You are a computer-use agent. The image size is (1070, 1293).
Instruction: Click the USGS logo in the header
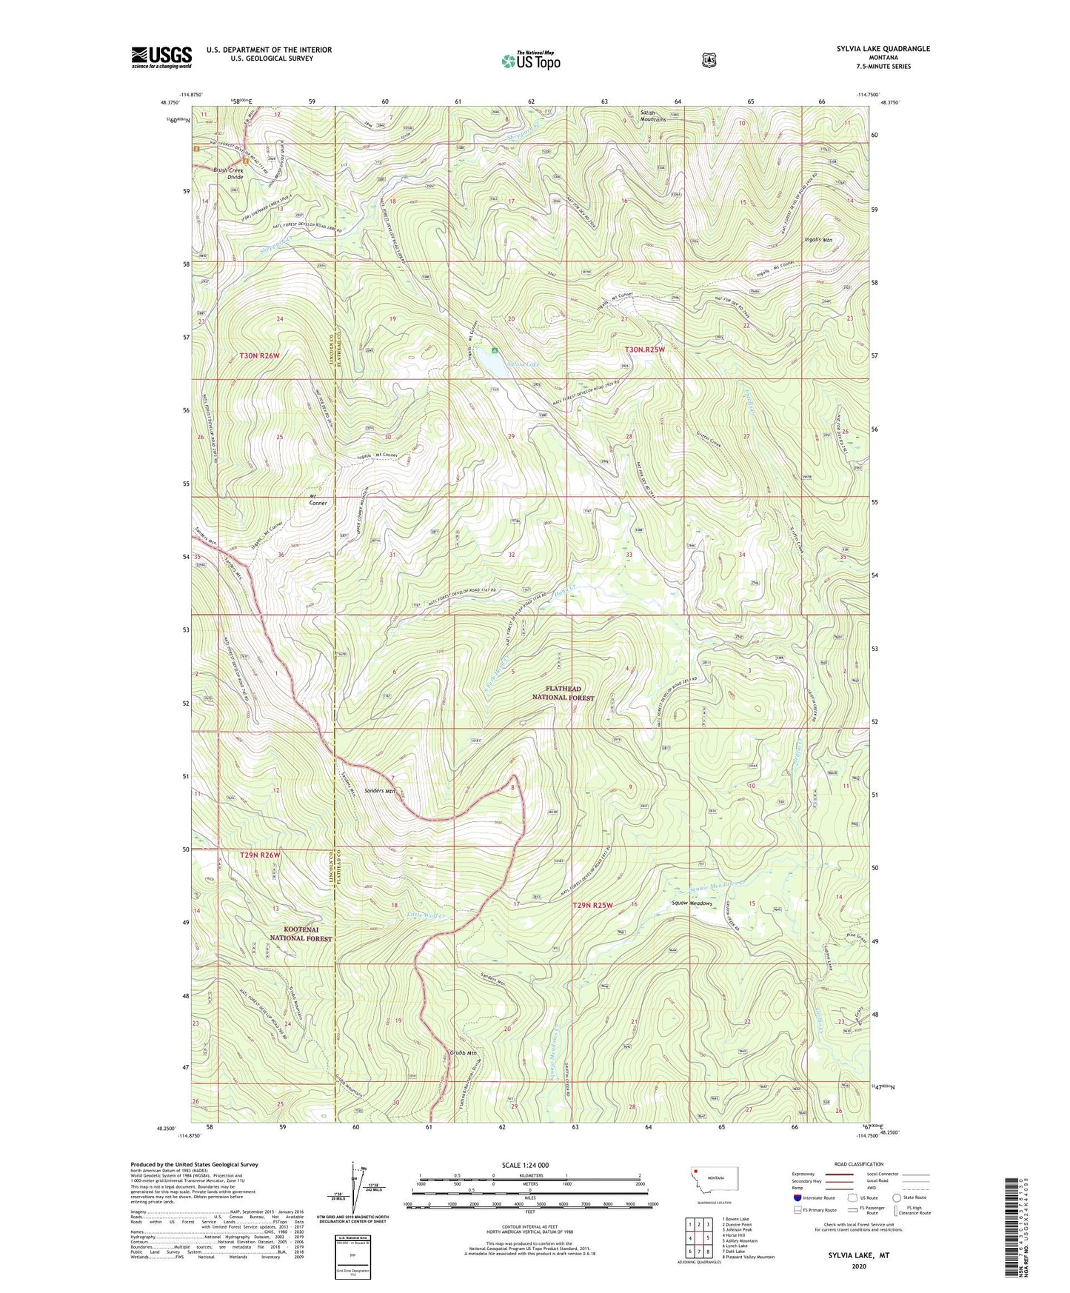(161, 57)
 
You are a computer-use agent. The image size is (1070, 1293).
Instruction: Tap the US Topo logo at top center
(530, 61)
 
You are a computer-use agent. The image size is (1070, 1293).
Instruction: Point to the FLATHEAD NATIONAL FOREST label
(564, 692)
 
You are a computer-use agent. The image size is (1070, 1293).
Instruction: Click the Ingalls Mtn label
(817, 240)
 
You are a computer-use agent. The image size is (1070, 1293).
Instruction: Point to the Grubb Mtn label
(463, 1053)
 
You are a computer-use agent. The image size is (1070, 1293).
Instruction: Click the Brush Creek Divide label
(228, 173)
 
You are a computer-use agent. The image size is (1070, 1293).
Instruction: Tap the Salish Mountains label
(652, 116)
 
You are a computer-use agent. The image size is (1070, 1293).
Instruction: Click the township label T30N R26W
(260, 356)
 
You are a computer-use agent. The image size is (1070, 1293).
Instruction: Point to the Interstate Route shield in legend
(797, 1197)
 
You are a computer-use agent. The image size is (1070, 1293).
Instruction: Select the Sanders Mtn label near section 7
(379, 791)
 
